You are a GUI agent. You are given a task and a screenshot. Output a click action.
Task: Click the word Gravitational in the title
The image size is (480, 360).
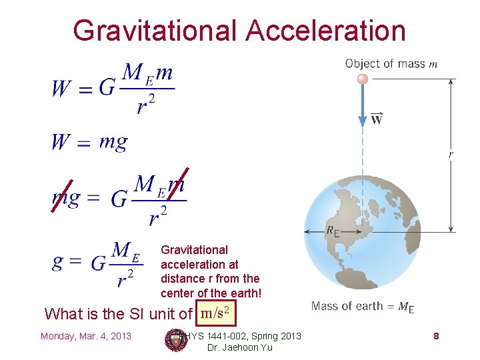[154, 30]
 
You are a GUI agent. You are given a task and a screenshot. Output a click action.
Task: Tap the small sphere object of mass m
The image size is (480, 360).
[363, 79]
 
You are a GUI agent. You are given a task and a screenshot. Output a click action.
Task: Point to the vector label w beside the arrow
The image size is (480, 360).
[377, 119]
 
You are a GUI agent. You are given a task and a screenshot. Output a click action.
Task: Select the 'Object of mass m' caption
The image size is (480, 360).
[391, 64]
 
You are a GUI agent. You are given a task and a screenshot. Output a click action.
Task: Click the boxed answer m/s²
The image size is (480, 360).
[215, 312]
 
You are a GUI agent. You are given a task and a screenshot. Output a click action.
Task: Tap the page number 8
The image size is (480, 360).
[436, 336]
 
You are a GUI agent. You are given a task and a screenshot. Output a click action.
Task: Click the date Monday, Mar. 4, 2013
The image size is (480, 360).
[86, 335]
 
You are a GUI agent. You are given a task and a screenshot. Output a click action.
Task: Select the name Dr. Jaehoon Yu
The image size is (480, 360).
[240, 347]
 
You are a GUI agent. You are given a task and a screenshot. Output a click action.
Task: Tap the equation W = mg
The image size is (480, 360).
[89, 142]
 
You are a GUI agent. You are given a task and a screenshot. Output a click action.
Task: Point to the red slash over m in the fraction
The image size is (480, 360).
[178, 183]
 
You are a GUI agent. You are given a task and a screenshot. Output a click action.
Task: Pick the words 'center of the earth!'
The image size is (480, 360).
[211, 293]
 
